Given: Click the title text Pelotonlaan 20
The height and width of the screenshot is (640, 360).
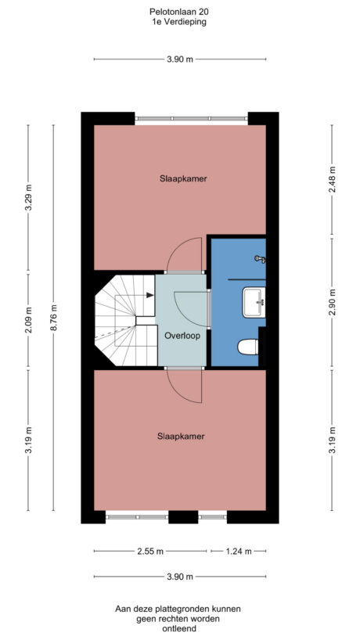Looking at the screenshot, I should point(179,12).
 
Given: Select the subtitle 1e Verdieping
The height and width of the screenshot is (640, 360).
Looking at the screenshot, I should point(179,22).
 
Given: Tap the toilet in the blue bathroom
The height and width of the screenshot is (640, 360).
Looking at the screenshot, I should point(247,346).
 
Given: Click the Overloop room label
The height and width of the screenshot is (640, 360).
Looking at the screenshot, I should point(182,335).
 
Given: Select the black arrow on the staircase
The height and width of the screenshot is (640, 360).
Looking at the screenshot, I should point(149,295).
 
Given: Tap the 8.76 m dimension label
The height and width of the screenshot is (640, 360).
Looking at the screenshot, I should point(52,318).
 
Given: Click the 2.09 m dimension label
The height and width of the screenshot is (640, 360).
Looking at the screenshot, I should point(29,321).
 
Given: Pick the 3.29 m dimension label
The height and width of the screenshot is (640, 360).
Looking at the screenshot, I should point(29,194).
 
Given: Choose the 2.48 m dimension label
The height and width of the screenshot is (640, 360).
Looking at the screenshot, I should point(332,179).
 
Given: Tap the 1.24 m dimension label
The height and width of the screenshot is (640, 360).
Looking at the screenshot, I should point(236,552).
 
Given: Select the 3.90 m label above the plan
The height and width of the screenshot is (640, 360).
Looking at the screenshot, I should point(179,59).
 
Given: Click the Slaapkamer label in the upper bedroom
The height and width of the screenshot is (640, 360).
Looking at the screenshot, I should point(181,178).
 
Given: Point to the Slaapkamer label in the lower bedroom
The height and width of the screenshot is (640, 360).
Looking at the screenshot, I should point(181,437).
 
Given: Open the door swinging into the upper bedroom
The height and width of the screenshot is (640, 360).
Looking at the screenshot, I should point(186,252).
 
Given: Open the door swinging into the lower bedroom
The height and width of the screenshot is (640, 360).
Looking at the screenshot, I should point(186,385).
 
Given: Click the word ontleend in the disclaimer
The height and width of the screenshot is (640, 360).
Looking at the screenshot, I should point(178,627).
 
